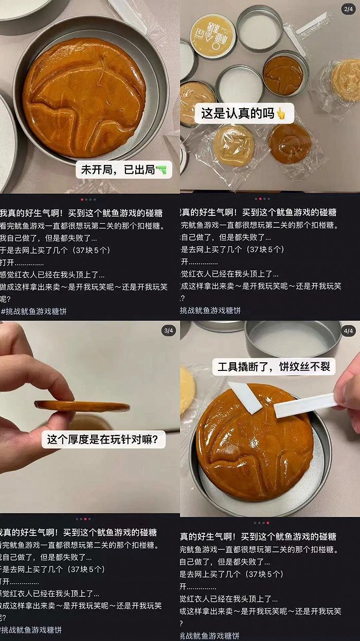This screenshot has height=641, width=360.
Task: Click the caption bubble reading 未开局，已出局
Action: click(123, 170)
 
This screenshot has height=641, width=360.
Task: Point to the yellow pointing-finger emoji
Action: click(281, 113)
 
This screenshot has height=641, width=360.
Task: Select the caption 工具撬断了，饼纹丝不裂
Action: click(273, 367)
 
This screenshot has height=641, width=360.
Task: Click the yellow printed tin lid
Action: click(212, 35)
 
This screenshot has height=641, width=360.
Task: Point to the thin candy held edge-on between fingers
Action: click(82, 406)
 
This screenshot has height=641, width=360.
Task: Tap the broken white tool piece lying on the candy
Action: click(246, 397)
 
